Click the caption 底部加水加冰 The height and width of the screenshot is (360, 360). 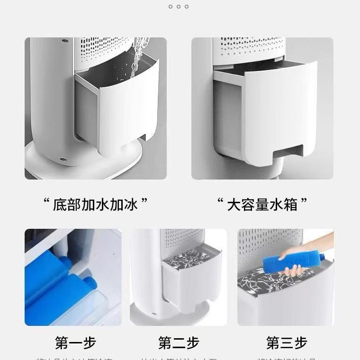coord(95,205)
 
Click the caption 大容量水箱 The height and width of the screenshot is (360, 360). coord(262,205)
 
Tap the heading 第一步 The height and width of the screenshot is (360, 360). coord(75,342)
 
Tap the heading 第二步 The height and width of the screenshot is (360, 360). coord(179,342)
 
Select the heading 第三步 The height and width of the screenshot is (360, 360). coord(287,342)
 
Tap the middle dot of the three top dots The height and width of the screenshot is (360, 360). coord(179,7)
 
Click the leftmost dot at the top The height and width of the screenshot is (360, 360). coord(171,7)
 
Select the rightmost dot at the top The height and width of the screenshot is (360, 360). coord(187,7)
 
